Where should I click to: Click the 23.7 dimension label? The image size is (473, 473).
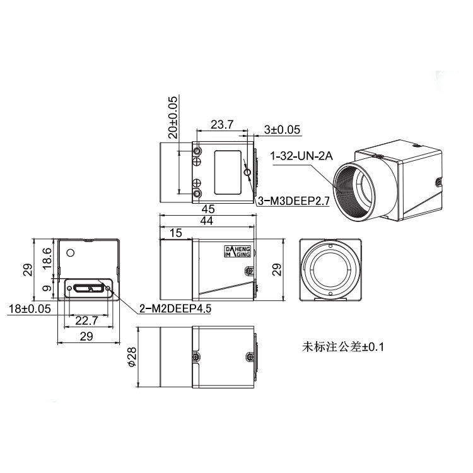(222, 124)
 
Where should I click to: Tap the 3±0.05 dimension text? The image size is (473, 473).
(283, 130)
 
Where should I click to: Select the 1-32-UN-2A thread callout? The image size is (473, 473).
(301, 156)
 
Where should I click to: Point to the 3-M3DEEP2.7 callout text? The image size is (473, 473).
(293, 201)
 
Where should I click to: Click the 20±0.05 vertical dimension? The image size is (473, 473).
(173, 117)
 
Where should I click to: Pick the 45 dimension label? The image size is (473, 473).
(208, 209)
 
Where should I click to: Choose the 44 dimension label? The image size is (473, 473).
(207, 221)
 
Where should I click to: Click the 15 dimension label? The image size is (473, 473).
(176, 233)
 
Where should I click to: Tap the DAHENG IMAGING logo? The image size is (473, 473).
(238, 252)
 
